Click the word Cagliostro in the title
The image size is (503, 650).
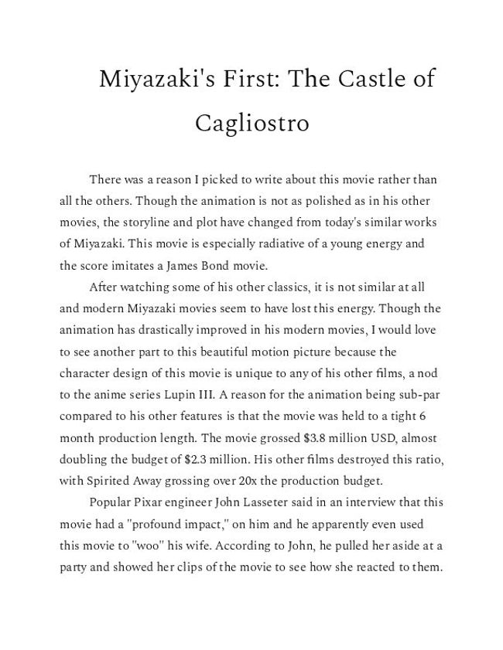251,124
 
